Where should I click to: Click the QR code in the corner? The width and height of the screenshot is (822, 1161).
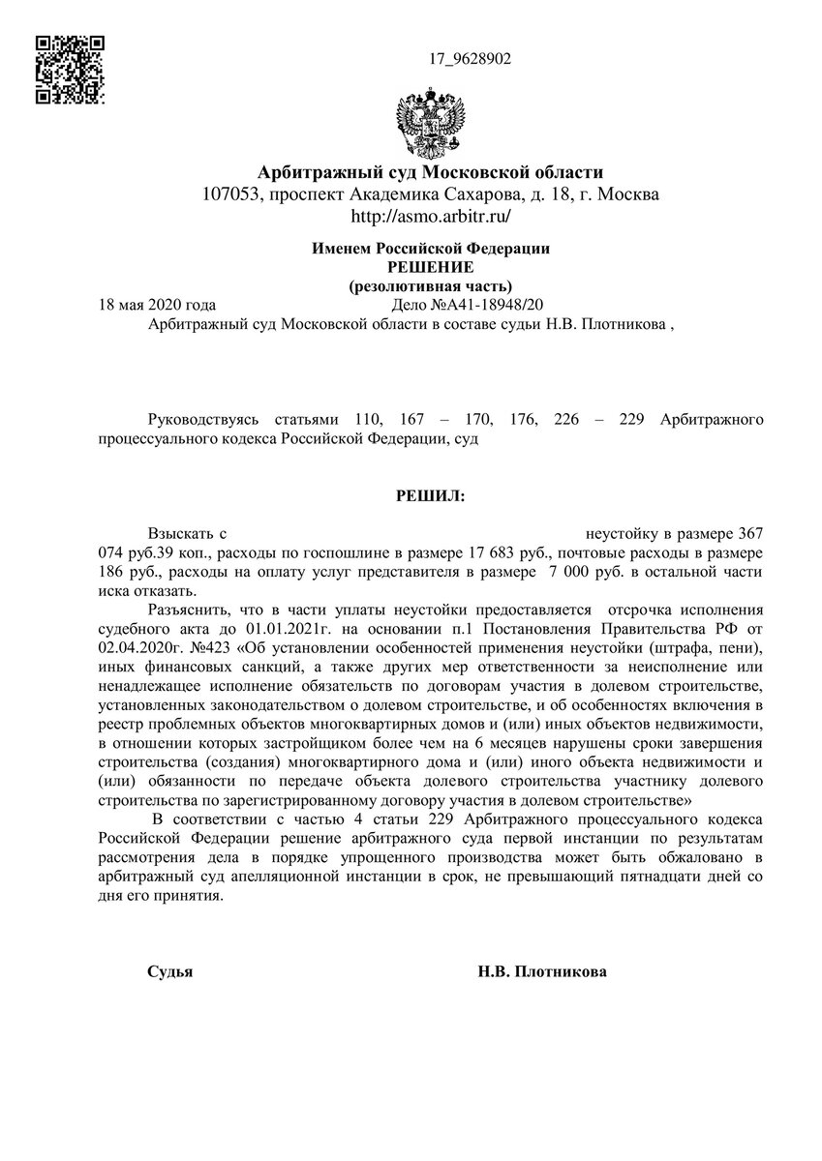70,70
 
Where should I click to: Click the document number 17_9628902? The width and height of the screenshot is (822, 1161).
470,59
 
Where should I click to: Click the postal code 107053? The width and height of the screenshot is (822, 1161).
232,194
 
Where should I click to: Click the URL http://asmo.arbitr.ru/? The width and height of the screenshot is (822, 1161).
429,216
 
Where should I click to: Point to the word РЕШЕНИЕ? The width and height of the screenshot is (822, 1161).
430,267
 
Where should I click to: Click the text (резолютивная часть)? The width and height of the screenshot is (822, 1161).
430,285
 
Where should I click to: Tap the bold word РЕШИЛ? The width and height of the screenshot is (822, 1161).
430,496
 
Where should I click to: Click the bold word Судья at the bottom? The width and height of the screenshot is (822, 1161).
170,971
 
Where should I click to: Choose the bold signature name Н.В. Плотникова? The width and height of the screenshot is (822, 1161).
542,971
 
